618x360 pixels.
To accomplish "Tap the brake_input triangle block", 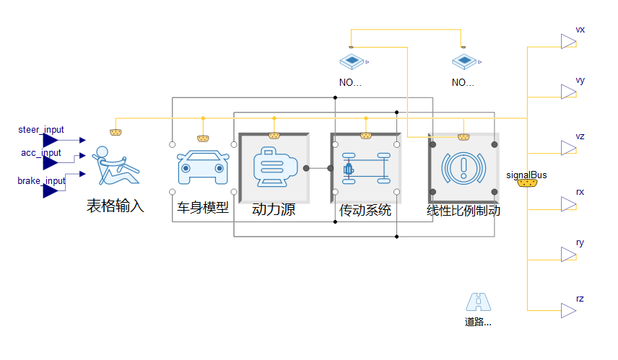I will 50,190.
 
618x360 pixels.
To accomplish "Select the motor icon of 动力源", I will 274,168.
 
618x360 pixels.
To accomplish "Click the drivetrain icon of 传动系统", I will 365,168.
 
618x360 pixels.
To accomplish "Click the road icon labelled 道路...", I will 478,302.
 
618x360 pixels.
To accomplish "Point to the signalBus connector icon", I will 527,183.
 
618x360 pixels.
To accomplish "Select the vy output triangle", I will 569,92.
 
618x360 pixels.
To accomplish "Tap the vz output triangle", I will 569,148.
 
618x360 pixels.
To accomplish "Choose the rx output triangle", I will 569,204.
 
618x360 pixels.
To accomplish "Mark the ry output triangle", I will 569,254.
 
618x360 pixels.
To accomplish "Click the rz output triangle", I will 569,310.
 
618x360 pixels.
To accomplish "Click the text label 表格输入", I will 116,206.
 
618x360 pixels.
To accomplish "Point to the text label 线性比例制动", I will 463,211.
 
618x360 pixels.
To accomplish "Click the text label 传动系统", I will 365,211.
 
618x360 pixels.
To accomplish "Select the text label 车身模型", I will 203,207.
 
